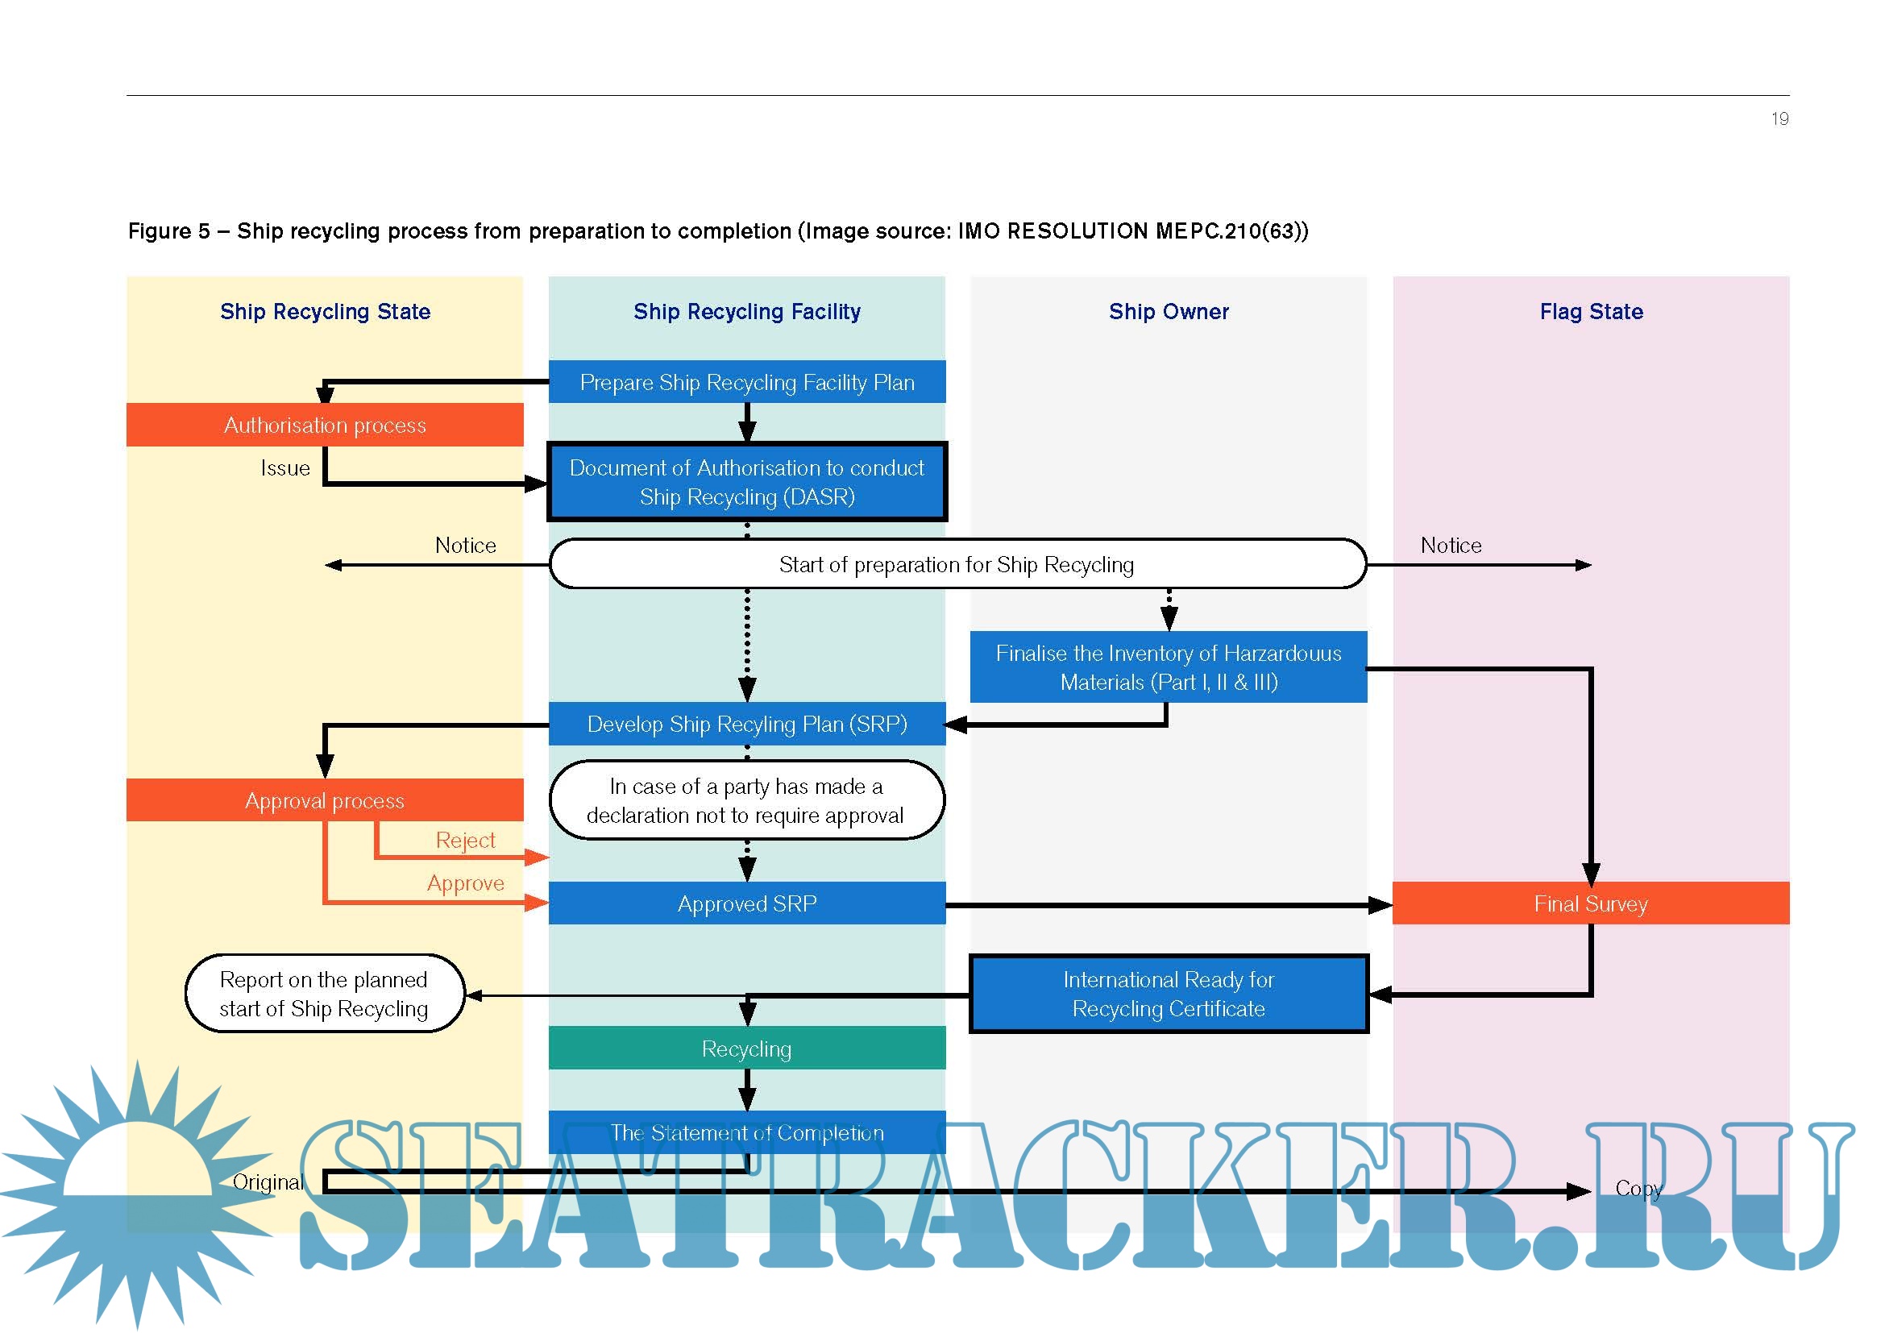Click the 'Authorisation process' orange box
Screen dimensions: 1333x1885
pyautogui.click(x=324, y=425)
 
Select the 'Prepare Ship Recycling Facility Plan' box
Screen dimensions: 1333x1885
pyautogui.click(x=746, y=382)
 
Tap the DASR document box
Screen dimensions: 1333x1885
pyautogui.click(x=746, y=482)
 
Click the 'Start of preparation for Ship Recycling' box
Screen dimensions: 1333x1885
pyautogui.click(x=957, y=564)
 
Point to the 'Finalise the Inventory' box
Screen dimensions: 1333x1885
pyautogui.click(x=1169, y=666)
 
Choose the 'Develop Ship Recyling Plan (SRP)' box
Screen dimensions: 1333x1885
pyautogui.click(x=746, y=723)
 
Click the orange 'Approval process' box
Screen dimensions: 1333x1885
pyautogui.click(x=324, y=799)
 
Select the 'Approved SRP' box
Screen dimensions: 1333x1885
pyautogui.click(x=746, y=903)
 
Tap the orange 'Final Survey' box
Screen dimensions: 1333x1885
pyautogui.click(x=1590, y=903)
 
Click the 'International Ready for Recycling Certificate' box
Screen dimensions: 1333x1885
pyautogui.click(x=1169, y=993)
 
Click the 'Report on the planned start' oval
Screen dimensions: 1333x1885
pyautogui.click(x=324, y=993)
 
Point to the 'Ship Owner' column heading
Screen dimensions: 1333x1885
pyautogui.click(x=1169, y=311)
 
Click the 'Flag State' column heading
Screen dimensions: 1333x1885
pyautogui.click(x=1590, y=311)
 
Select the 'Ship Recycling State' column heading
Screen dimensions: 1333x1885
pyautogui.click(x=324, y=311)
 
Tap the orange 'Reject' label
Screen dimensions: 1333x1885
pyautogui.click(x=465, y=840)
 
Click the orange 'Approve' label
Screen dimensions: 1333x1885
pyautogui.click(x=465, y=882)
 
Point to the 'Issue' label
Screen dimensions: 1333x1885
pyautogui.click(x=284, y=468)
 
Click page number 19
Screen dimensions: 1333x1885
pyautogui.click(x=1779, y=119)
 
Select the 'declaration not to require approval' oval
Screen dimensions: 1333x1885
pyautogui.click(x=746, y=799)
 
